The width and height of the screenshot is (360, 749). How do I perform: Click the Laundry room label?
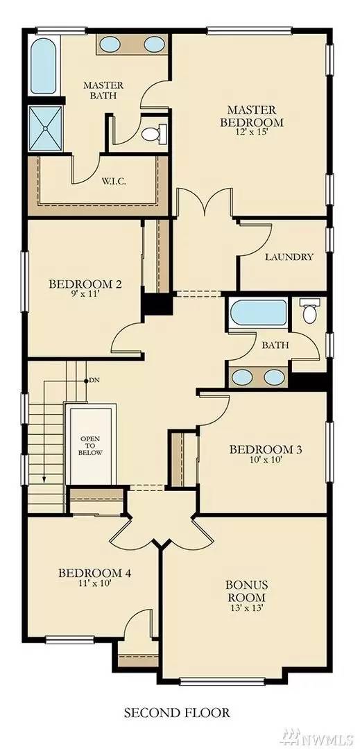coord(289,257)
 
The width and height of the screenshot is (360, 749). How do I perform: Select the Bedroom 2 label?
coord(85,284)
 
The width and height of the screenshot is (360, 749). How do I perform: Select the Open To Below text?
coord(91,446)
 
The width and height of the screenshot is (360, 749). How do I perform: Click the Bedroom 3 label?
coord(265,449)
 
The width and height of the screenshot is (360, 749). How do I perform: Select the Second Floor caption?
coord(176,712)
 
